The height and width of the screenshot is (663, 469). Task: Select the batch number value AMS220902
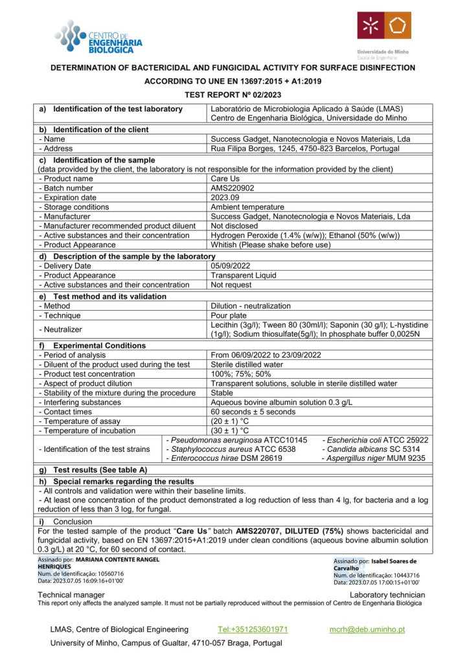tap(231, 188)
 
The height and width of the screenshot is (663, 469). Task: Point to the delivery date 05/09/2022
tap(232, 265)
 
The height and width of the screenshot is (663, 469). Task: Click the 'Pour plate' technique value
tap(229, 315)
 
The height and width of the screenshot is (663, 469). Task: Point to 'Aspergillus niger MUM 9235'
tap(371, 458)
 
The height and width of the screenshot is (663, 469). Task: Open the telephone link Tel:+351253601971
tap(253, 629)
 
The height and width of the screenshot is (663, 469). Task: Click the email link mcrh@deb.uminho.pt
tap(367, 629)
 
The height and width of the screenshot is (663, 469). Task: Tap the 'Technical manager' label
tap(71, 594)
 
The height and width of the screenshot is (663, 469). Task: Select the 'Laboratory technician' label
tap(387, 594)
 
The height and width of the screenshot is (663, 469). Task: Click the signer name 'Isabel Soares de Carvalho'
tap(375, 564)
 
